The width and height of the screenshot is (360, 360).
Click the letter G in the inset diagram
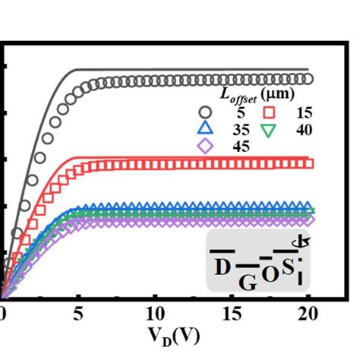point(247,283)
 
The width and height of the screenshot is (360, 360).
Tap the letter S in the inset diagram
point(288,267)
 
